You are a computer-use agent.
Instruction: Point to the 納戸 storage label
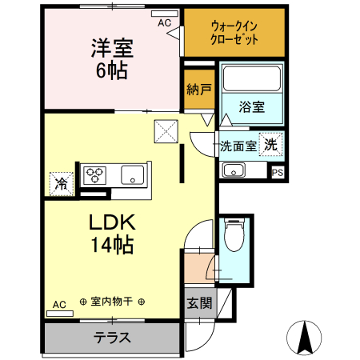click(198, 89)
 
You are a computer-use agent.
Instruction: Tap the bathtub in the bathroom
click(251, 78)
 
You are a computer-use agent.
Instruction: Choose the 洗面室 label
click(238, 146)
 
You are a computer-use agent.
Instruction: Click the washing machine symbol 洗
click(271, 146)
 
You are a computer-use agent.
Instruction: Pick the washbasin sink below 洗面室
click(234, 170)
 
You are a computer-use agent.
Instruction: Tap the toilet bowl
click(234, 237)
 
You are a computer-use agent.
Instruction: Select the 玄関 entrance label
click(199, 303)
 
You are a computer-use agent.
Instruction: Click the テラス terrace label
click(112, 337)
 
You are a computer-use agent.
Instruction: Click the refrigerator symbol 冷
click(61, 183)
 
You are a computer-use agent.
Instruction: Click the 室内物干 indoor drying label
click(112, 302)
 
